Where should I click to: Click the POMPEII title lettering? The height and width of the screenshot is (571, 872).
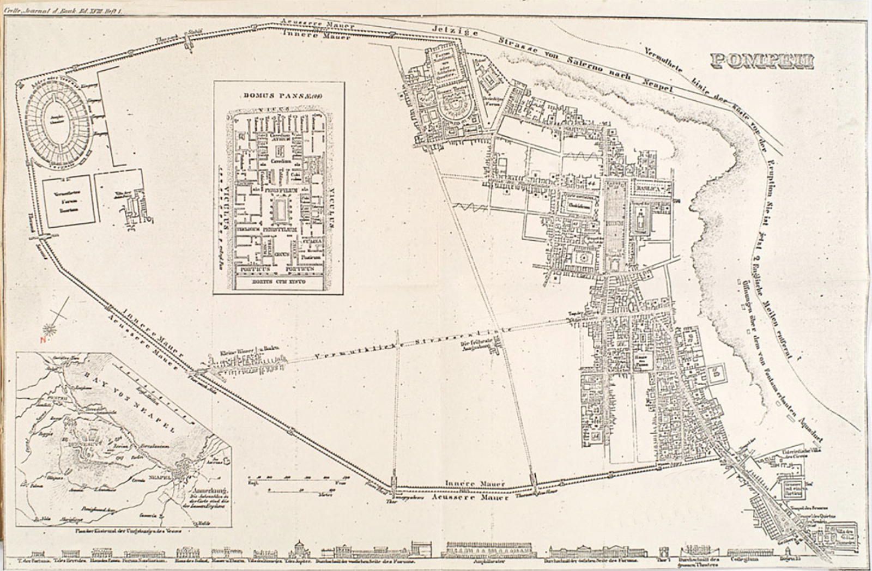pyautogui.click(x=762, y=62)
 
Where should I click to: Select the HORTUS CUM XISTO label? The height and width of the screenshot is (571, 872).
pyautogui.click(x=278, y=282)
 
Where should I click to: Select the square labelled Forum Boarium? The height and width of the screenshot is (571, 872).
pyautogui.click(x=68, y=201)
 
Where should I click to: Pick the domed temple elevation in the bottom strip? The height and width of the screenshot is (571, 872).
pyautogui.click(x=299, y=549)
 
